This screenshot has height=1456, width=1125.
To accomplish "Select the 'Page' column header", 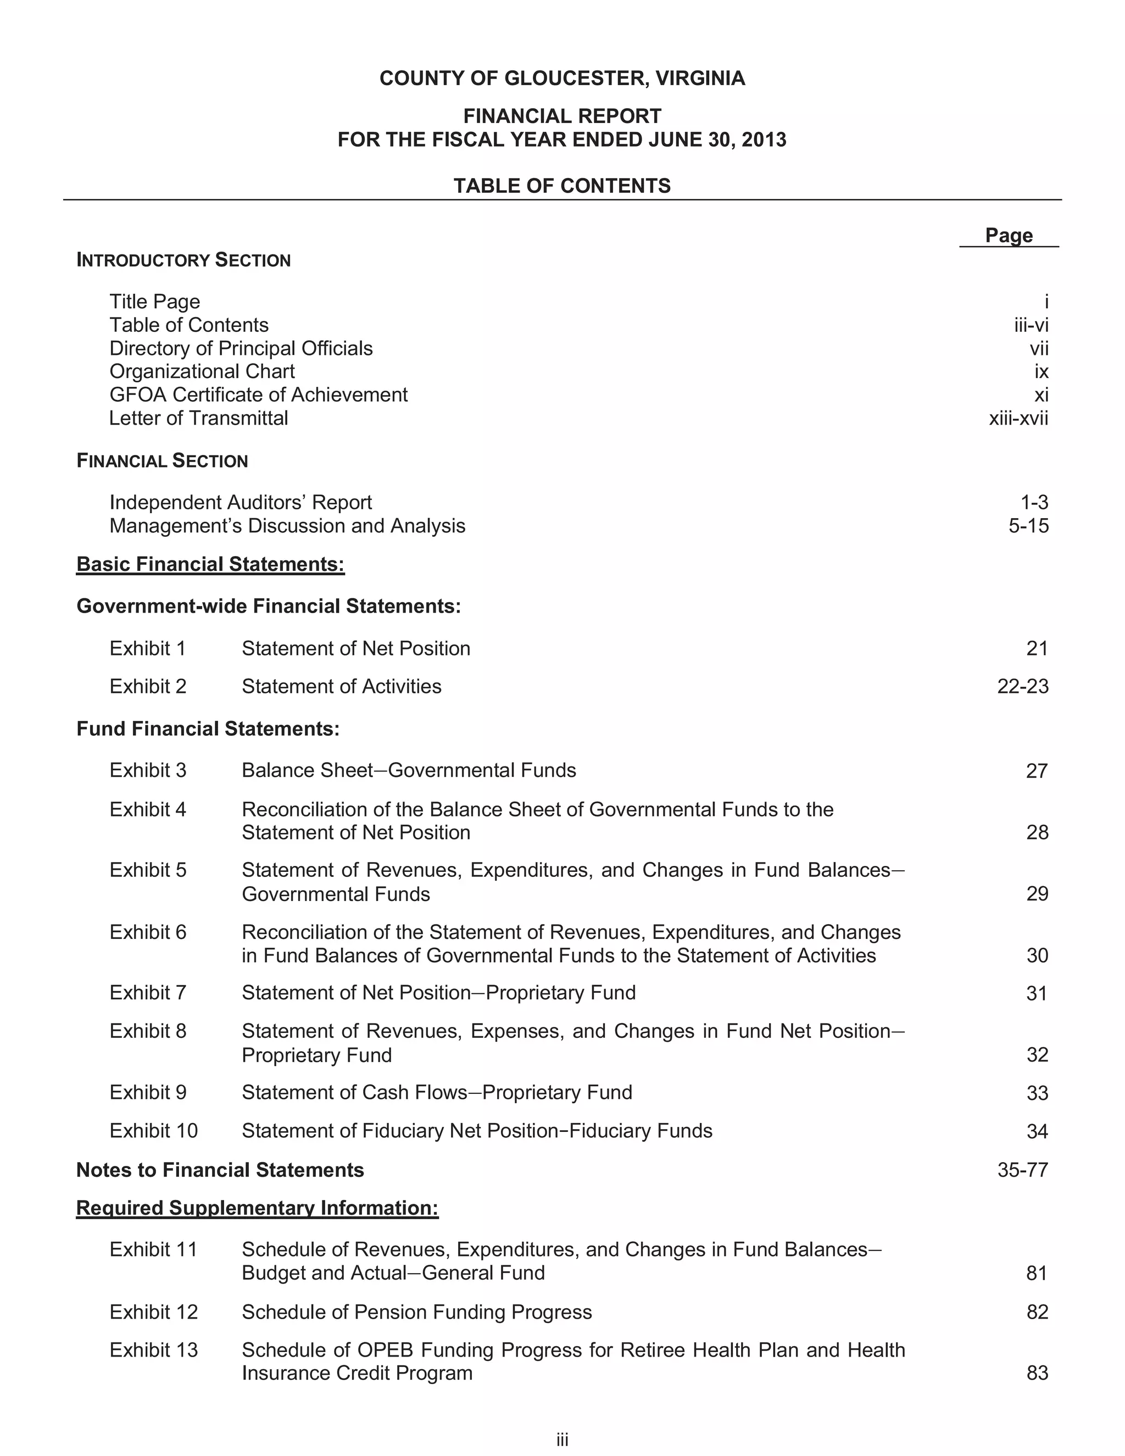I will (x=1009, y=235).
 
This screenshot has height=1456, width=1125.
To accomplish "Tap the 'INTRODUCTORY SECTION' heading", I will (x=183, y=260).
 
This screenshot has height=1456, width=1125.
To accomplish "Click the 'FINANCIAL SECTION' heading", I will (x=162, y=460).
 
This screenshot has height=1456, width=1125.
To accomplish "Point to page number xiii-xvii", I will (x=1018, y=418).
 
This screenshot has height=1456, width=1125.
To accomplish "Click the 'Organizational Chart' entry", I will (x=202, y=371).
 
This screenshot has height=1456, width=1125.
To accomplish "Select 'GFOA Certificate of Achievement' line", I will (x=259, y=394).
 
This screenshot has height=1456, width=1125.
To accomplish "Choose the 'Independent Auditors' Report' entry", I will (x=241, y=502).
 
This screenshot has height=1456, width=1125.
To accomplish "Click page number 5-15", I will (x=1028, y=526).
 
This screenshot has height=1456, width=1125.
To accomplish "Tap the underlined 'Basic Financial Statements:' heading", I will (x=210, y=564).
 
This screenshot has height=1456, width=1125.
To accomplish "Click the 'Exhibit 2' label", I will (x=148, y=686).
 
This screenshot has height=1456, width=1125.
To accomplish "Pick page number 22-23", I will (x=1022, y=687).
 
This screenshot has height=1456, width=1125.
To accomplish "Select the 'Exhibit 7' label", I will (x=148, y=993).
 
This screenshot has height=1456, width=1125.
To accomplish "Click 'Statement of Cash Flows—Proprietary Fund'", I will (x=437, y=1092).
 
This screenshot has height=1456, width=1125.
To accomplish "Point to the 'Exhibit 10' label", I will (x=154, y=1131).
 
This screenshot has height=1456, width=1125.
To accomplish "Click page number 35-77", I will (x=1022, y=1170).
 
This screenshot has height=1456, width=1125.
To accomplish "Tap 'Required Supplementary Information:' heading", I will (x=257, y=1208).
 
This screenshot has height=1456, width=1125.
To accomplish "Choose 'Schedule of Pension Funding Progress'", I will (x=416, y=1312).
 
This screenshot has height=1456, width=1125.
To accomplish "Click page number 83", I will (x=1037, y=1374).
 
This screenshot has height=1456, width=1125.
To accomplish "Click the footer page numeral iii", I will (x=562, y=1440).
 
